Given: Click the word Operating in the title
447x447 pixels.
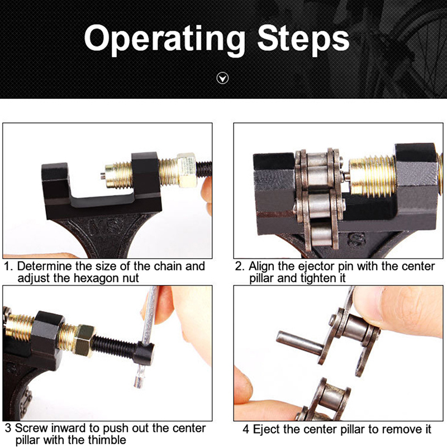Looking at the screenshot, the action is point(164,39).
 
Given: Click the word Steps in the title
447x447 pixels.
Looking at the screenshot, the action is point(303,39).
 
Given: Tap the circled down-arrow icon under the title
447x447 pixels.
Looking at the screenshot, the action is point(222,78).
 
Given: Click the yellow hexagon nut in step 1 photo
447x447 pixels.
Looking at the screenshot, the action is point(187,170).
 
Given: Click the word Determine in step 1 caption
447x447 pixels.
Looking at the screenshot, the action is point(45,266).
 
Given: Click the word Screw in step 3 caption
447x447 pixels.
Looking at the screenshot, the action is point(31,428).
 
